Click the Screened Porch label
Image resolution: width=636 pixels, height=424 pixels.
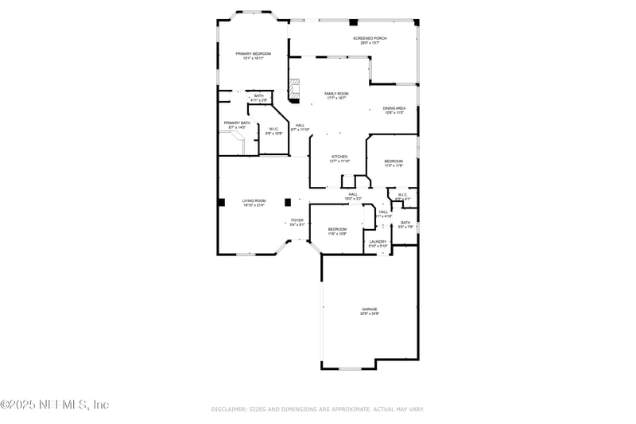point(370,38)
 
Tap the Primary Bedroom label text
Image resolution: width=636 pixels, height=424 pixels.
point(253,53)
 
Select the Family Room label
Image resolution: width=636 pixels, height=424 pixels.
point(336,93)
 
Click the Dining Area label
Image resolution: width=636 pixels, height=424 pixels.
point(394,108)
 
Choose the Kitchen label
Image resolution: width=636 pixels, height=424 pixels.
point(339,157)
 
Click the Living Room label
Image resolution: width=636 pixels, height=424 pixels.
point(254,200)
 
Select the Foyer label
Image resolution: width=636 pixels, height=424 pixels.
point(297,220)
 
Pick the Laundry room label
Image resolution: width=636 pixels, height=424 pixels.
point(378,241)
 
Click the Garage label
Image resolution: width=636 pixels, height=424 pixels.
point(370,309)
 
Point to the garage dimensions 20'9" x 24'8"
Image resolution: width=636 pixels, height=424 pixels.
point(370,314)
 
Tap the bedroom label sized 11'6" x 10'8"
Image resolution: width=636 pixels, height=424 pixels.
point(337,229)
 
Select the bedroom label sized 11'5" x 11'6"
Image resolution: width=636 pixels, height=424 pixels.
point(394,161)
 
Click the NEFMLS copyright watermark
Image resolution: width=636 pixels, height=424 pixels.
point(55,405)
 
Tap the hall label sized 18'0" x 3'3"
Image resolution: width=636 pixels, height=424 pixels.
point(353,194)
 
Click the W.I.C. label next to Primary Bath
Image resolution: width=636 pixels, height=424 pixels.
point(273,129)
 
